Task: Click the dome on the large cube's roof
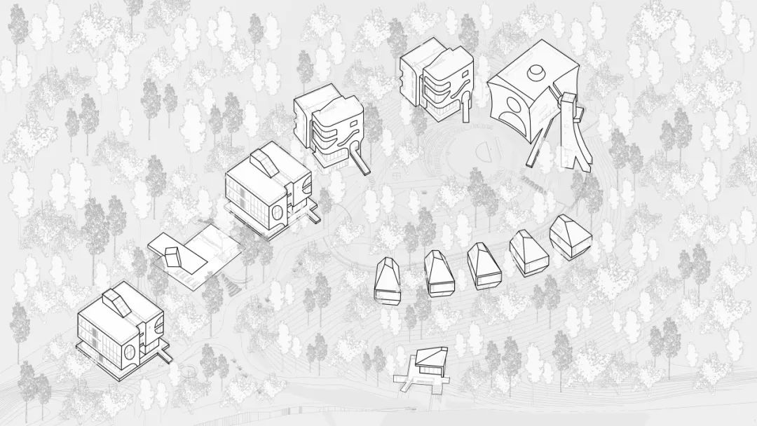pyautogui.click(x=537, y=71)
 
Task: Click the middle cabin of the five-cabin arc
pyautogui.click(x=482, y=263)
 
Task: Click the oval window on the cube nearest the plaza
pyautogui.click(x=278, y=214)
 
